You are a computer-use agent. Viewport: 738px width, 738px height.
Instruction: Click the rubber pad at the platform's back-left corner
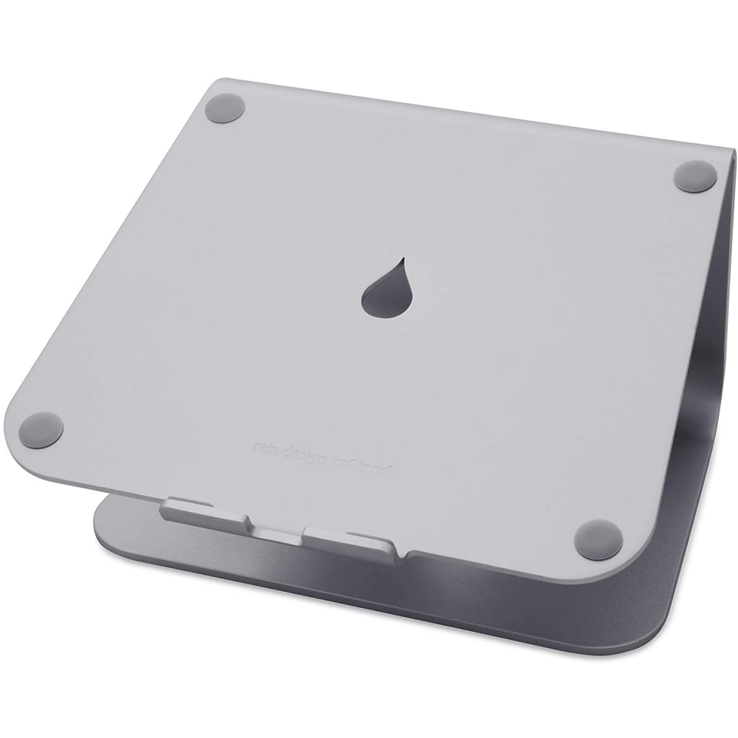pos(225,108)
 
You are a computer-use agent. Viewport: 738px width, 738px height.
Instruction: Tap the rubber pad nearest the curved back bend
pos(696,176)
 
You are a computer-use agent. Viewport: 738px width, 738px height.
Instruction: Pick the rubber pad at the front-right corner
pos(598,538)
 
